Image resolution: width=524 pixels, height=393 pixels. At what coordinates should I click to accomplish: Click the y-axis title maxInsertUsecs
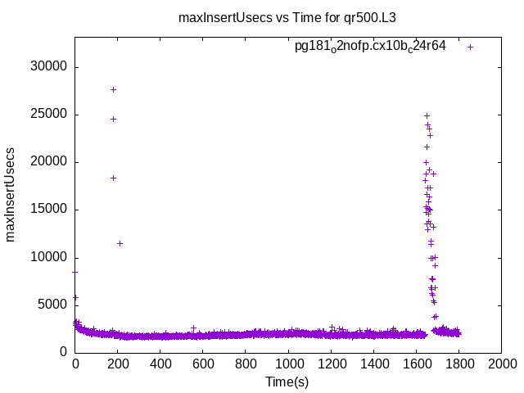(11, 195)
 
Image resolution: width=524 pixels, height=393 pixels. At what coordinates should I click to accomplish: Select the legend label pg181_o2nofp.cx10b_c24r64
(370, 47)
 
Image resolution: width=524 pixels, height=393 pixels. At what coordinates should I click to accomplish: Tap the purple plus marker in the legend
(470, 47)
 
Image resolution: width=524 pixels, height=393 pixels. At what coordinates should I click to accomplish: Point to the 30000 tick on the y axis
(50, 67)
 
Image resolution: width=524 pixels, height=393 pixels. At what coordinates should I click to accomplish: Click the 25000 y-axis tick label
(50, 115)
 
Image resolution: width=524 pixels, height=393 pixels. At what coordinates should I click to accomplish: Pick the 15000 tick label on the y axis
(50, 210)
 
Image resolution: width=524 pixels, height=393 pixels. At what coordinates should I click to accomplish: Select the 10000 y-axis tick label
(50, 257)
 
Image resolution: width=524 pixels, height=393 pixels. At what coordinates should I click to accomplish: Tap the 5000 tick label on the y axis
(53, 305)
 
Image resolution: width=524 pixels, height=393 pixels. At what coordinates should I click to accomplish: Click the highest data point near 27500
(113, 89)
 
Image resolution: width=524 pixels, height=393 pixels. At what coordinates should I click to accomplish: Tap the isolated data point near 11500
(120, 243)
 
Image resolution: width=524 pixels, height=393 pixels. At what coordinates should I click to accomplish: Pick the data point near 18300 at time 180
(113, 178)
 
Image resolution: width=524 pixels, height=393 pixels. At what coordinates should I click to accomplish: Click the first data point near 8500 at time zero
(75, 272)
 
